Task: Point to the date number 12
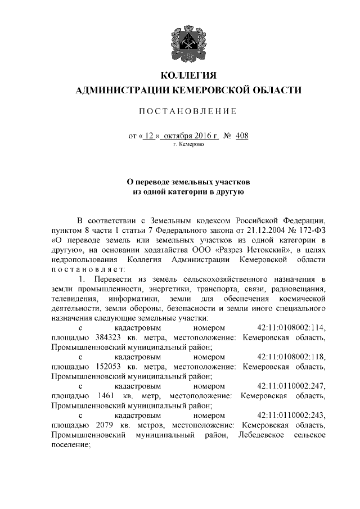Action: [148, 136]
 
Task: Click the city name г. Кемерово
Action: [188, 145]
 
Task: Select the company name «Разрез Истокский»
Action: [254, 249]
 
